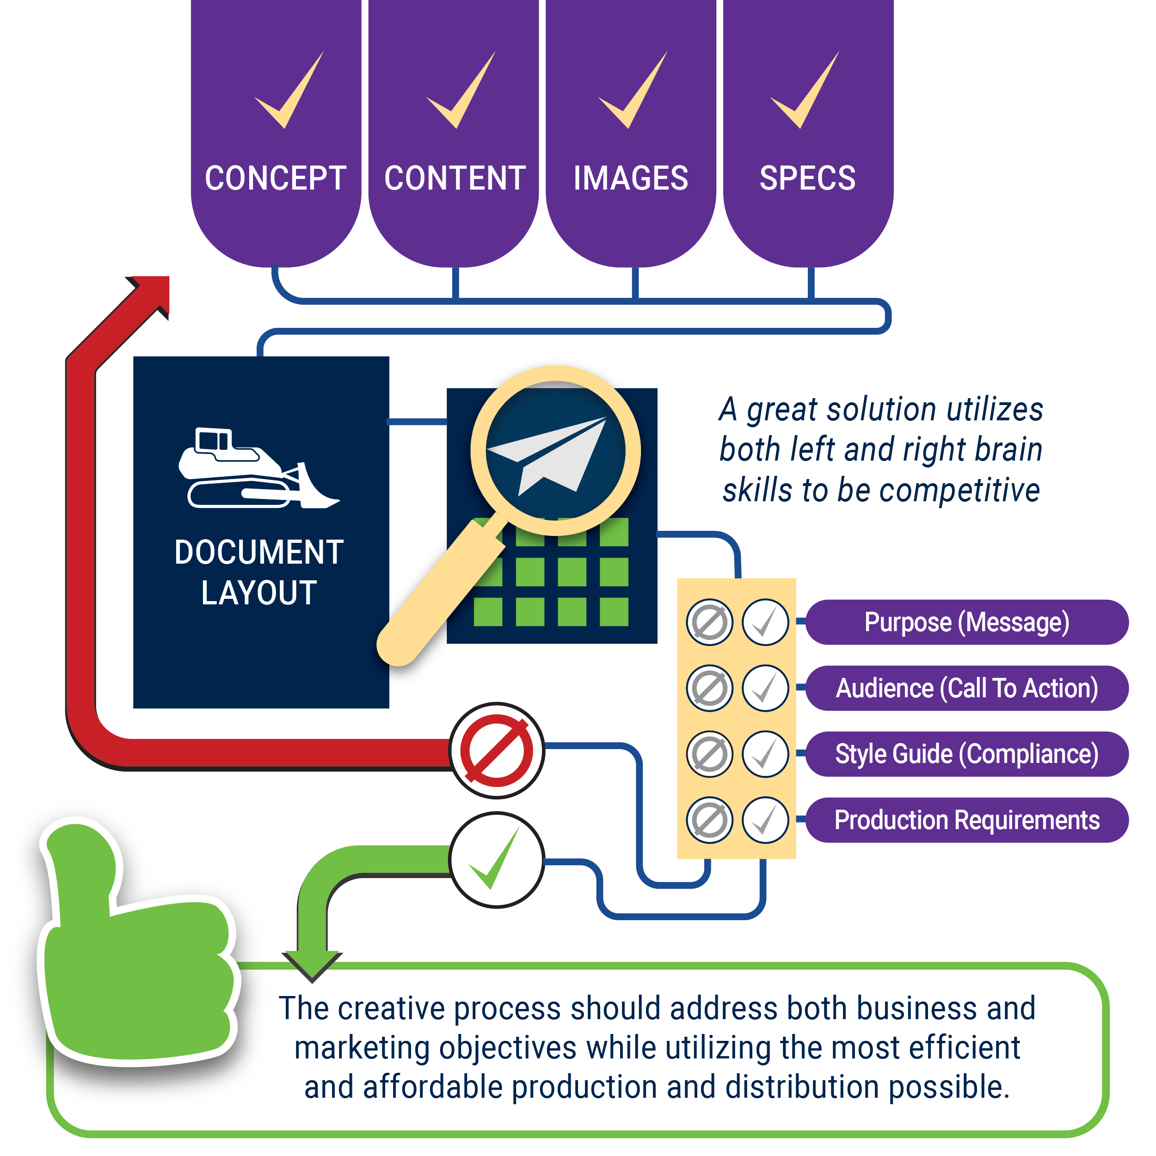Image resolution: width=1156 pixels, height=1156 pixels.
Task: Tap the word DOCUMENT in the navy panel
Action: [258, 552]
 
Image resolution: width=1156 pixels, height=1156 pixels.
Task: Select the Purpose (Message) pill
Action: [967, 622]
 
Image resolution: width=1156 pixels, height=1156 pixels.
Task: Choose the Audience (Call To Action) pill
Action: [967, 688]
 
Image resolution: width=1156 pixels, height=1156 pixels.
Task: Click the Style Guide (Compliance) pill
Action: [967, 754]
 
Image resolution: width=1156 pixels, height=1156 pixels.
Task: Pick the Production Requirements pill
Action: [967, 820]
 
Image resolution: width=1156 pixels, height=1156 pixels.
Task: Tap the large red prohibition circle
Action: [497, 750]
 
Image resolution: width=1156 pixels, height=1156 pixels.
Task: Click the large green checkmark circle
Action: [497, 860]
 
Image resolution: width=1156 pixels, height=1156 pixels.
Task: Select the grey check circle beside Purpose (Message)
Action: [765, 622]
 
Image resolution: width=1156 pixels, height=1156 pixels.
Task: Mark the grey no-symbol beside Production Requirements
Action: [710, 820]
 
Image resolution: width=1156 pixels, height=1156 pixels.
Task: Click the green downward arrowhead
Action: [312, 965]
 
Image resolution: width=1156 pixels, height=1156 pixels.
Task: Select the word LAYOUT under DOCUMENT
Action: [258, 593]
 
